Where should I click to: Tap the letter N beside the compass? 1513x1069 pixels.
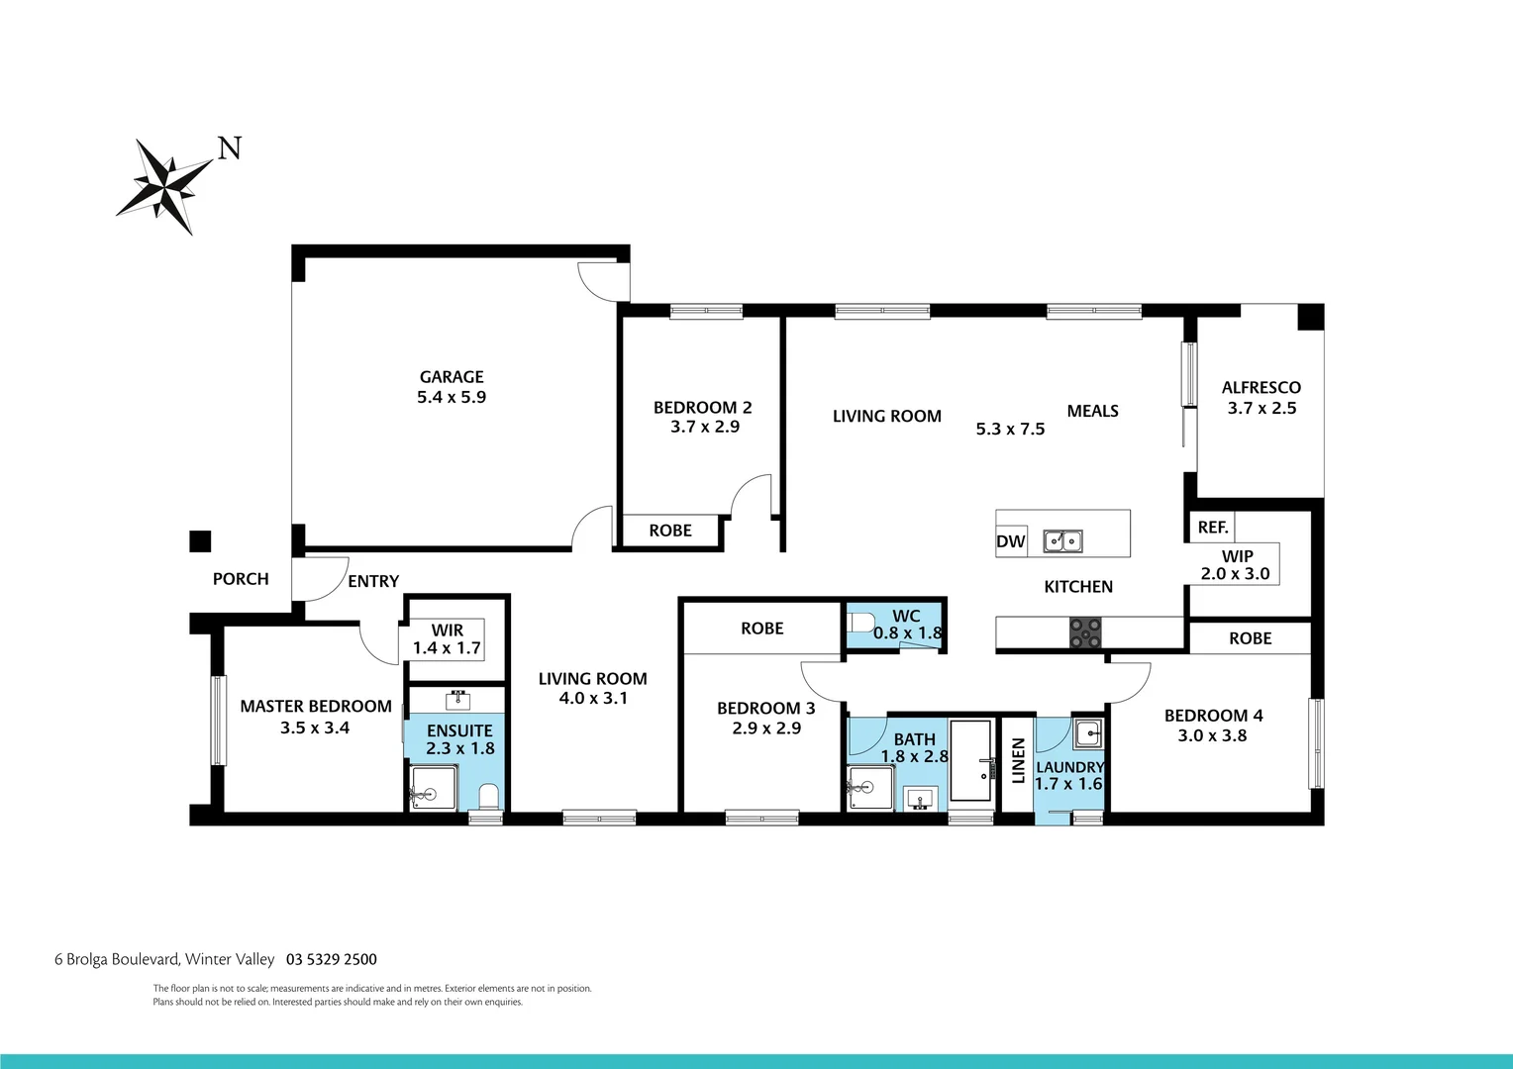(x=230, y=148)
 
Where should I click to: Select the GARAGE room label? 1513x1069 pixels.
(x=452, y=377)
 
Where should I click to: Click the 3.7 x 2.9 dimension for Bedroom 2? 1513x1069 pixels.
(x=705, y=428)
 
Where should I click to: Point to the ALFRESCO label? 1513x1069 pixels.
(x=1261, y=388)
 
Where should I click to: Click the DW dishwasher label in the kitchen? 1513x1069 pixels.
(x=1011, y=541)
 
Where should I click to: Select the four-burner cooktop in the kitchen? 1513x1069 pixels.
(x=1085, y=632)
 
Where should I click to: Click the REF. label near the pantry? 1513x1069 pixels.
(x=1213, y=528)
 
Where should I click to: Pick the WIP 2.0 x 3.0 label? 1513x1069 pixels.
(x=1236, y=565)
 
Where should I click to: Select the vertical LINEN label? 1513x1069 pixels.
(x=1018, y=760)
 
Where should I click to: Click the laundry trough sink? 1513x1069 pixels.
(x=1087, y=733)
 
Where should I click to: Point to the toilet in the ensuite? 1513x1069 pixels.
(x=487, y=796)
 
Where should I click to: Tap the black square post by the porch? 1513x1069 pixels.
(x=200, y=541)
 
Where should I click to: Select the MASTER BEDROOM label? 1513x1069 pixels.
(x=316, y=707)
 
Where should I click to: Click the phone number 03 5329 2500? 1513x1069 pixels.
(x=332, y=959)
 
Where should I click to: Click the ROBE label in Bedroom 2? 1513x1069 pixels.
(x=670, y=531)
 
